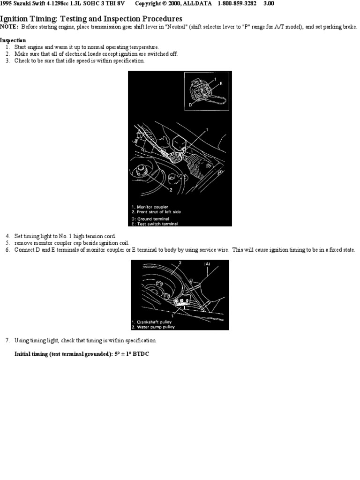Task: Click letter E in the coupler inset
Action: pyautogui.click(x=220, y=83)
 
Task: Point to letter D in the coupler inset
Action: pyautogui.click(x=191, y=105)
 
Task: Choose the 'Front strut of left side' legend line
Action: pyautogui.click(x=157, y=212)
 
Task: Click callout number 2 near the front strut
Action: pyautogui.click(x=171, y=190)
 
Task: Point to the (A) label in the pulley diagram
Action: pyautogui.click(x=207, y=264)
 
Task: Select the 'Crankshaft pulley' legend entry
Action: pyautogui.click(x=153, y=322)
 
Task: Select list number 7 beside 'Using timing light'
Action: pyautogui.click(x=7, y=340)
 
